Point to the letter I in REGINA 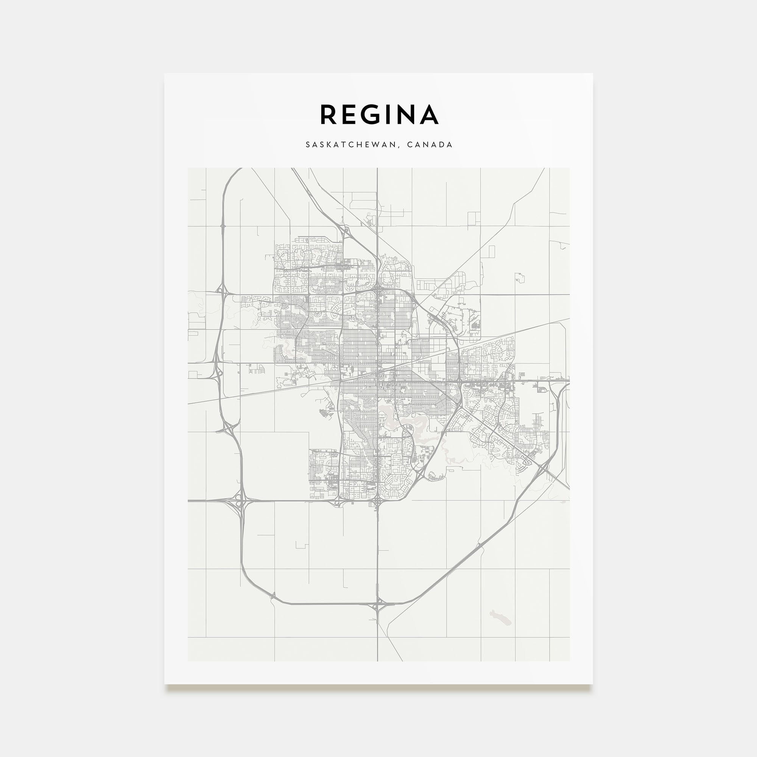point(393,115)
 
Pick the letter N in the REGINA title point(410,115)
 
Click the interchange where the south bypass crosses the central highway point(377,607)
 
